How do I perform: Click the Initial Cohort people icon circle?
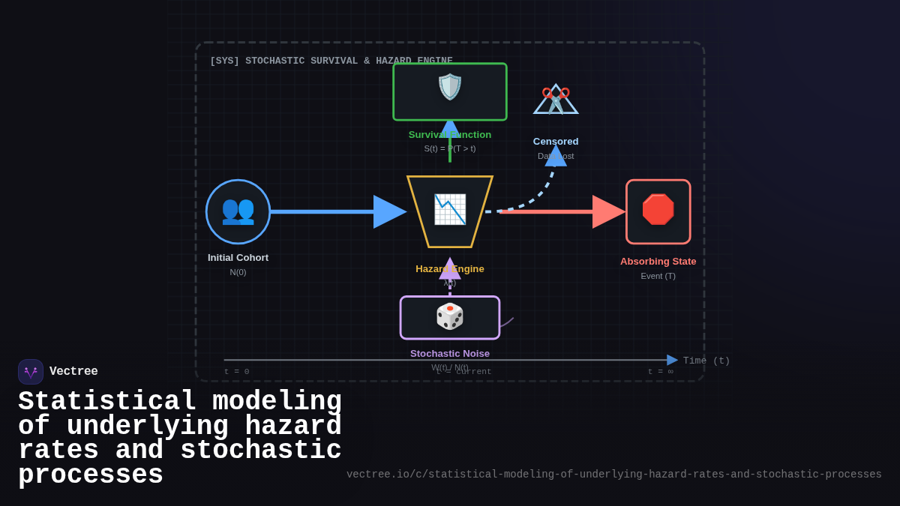[x=238, y=211]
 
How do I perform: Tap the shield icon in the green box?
[x=450, y=87]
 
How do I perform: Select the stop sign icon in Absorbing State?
[x=658, y=210]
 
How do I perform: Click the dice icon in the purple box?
[x=450, y=316]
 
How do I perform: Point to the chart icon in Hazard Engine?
[x=450, y=209]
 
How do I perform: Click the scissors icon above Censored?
[x=556, y=100]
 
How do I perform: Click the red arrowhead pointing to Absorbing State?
[x=607, y=211]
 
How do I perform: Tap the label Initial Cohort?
[x=238, y=258]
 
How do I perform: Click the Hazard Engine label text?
[x=450, y=268]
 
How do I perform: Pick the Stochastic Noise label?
[x=450, y=353]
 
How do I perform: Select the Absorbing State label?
[x=658, y=262]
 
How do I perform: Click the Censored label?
[x=556, y=142]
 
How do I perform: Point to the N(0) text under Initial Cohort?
[x=238, y=272]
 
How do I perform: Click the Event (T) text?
[x=658, y=276]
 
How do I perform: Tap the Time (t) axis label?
[x=706, y=361]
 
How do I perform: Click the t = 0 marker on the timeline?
[x=237, y=372]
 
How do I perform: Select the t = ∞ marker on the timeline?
[x=660, y=372]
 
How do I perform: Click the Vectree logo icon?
[x=31, y=372]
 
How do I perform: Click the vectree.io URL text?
[x=613, y=475]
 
